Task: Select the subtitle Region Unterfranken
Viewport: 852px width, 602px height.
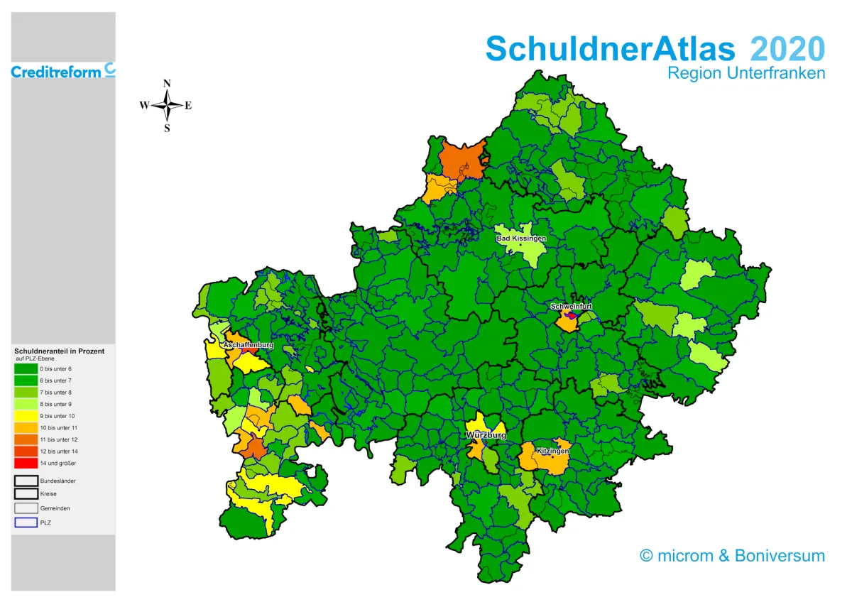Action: click(x=746, y=73)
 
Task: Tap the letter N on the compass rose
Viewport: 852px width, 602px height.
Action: click(x=168, y=83)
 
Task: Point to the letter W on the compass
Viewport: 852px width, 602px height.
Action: click(x=143, y=106)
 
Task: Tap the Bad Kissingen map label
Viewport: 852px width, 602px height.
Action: click(x=521, y=239)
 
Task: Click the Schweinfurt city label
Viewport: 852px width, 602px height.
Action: click(x=571, y=307)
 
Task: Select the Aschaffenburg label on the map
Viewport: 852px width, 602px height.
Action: click(x=248, y=345)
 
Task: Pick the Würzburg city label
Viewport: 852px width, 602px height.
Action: click(x=486, y=434)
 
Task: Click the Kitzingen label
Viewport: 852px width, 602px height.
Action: click(x=552, y=451)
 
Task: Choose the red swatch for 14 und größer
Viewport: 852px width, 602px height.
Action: click(x=26, y=463)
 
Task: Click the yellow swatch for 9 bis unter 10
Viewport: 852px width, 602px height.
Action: click(x=26, y=416)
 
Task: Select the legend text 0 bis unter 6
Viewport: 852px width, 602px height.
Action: click(x=55, y=369)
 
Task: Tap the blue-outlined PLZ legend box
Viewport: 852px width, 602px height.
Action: click(x=26, y=522)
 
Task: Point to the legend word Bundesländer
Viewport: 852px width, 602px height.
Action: click(x=58, y=481)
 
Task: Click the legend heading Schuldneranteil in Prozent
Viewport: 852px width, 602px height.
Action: click(x=59, y=351)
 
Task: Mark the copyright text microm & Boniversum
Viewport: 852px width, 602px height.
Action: click(x=732, y=555)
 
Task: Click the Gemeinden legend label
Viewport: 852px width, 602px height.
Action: click(x=55, y=508)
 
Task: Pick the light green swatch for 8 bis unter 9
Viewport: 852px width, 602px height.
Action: click(x=26, y=404)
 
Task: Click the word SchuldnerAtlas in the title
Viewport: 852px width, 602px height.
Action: click(x=611, y=49)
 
